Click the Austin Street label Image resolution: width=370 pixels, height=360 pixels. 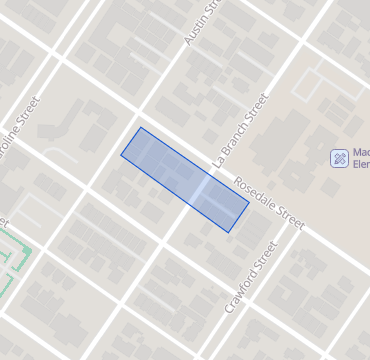[201, 21]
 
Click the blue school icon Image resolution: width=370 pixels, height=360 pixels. [340, 158]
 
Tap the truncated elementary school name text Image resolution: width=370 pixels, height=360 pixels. [360, 158]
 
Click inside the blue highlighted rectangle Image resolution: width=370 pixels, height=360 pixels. [185, 180]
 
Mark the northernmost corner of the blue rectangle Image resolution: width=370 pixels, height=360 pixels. [140, 128]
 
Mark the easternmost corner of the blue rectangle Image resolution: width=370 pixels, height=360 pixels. [249, 204]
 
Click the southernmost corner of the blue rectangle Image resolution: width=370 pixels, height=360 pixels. [230, 233]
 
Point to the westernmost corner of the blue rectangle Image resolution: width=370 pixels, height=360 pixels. [121, 155]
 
